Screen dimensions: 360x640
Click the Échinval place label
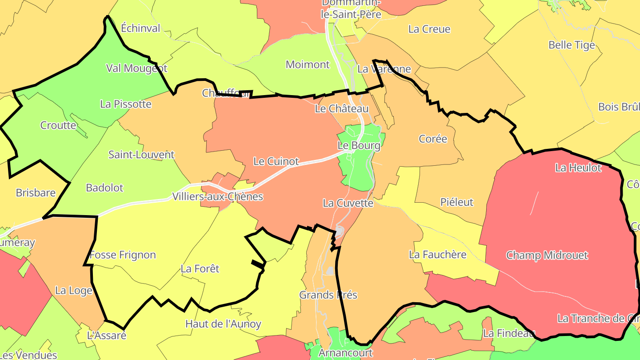click(x=140, y=28)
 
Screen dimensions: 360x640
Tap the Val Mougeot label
click(x=136, y=68)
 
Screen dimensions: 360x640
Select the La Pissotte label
click(x=126, y=104)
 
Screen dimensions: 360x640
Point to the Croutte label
click(x=58, y=125)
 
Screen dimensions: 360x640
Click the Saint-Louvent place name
click(x=141, y=155)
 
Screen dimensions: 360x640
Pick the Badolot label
click(x=104, y=188)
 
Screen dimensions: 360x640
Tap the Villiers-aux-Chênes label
click(x=217, y=196)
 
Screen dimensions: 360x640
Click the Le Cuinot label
click(x=276, y=161)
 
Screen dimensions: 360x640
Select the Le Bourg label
click(x=359, y=146)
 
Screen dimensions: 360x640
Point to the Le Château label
click(x=341, y=109)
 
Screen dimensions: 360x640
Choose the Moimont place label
click(x=308, y=65)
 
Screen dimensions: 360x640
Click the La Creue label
click(x=429, y=29)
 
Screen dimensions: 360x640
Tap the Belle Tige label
click(x=571, y=45)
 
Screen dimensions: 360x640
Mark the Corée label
click(x=432, y=139)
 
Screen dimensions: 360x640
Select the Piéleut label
click(x=456, y=203)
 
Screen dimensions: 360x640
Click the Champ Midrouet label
click(x=547, y=256)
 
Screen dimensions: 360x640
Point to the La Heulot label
click(x=578, y=168)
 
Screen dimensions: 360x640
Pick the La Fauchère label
click(x=437, y=255)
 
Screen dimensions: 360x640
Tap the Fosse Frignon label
click(x=123, y=255)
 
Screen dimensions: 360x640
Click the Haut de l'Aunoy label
click(x=223, y=324)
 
